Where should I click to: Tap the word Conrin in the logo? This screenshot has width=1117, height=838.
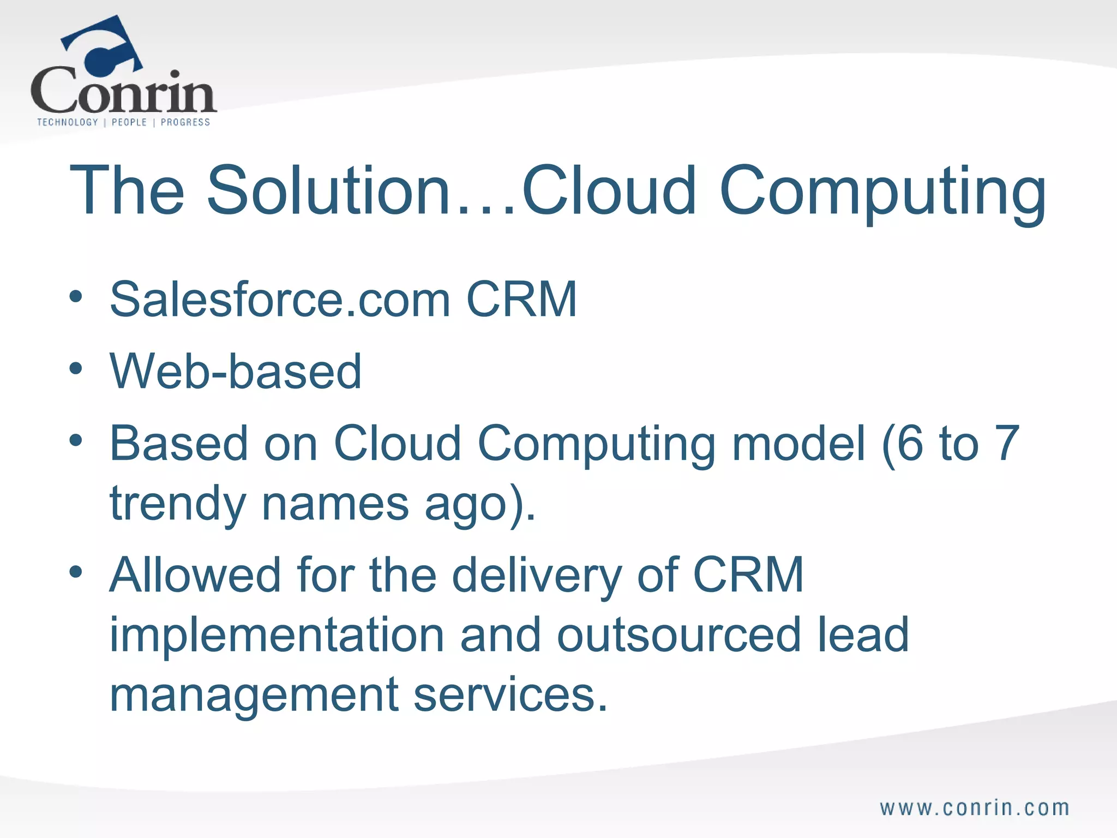(123, 91)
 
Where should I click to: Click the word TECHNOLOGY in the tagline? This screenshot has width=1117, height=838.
(67, 122)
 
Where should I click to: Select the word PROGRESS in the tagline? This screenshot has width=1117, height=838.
(185, 122)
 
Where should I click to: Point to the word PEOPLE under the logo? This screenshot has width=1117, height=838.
(129, 122)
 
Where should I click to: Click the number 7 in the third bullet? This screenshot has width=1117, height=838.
(1007, 443)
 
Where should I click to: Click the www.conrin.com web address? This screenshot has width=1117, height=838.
(975, 808)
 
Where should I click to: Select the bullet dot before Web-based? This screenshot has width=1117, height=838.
(76, 369)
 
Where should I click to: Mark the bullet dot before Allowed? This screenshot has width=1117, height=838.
(76, 572)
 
